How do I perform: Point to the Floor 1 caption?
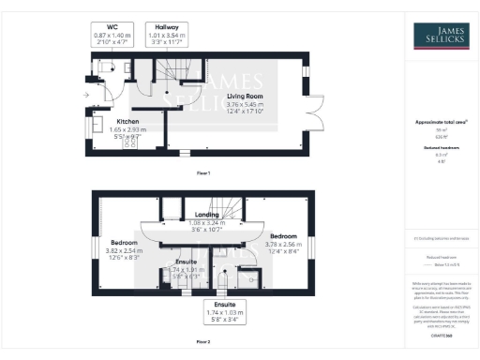pos(202,173)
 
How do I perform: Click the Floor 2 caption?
pos(202,343)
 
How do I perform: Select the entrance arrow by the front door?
pos(85,95)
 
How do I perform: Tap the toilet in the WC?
pos(104,67)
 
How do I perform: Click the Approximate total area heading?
pos(434,123)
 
